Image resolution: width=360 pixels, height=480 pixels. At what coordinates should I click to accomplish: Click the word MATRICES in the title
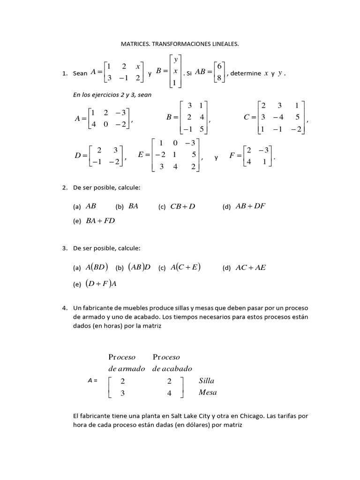click(x=135, y=44)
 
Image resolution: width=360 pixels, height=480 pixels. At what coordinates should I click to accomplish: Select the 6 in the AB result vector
click(x=218, y=67)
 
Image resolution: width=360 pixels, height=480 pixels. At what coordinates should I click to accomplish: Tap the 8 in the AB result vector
click(x=218, y=78)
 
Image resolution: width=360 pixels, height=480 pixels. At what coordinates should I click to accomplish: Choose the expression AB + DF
click(x=250, y=206)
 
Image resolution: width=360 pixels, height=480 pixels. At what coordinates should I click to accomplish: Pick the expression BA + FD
click(x=100, y=221)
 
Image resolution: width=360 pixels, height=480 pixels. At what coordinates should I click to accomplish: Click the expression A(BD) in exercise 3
click(x=97, y=268)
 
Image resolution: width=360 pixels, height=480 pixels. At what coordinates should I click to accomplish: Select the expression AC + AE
click(x=250, y=268)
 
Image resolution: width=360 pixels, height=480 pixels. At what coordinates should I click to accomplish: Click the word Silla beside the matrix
click(x=206, y=381)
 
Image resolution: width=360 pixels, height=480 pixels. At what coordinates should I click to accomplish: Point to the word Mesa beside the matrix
click(x=208, y=393)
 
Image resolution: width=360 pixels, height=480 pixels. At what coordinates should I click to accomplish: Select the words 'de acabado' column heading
click(x=172, y=368)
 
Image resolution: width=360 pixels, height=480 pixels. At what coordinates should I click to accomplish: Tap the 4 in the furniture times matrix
click(x=169, y=393)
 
